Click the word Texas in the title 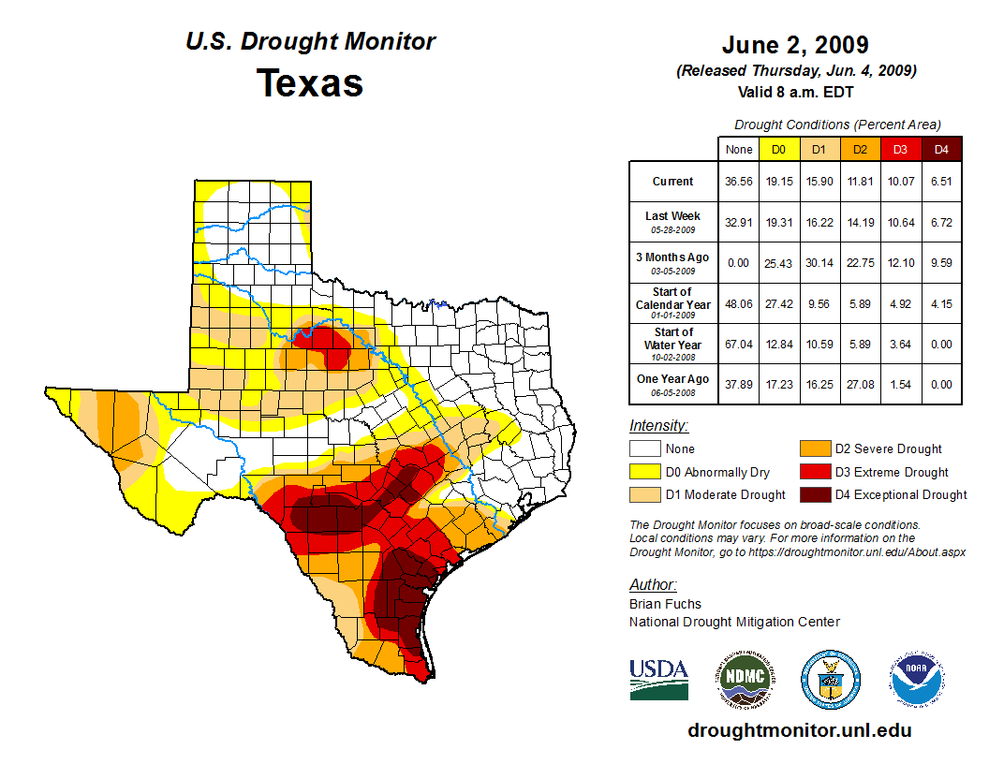click(x=310, y=82)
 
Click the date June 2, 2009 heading click(x=795, y=45)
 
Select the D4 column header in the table click(x=941, y=149)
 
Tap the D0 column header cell click(x=778, y=149)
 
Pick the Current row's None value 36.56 click(x=738, y=182)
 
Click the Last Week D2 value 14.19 click(x=860, y=223)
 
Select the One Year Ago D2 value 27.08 click(x=860, y=384)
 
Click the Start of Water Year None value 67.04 click(x=738, y=344)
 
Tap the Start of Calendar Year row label click(x=673, y=303)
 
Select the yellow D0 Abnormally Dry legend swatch click(x=645, y=472)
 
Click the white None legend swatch click(x=645, y=449)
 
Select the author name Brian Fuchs click(x=665, y=604)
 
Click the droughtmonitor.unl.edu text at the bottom click(x=799, y=730)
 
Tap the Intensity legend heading click(x=658, y=426)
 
